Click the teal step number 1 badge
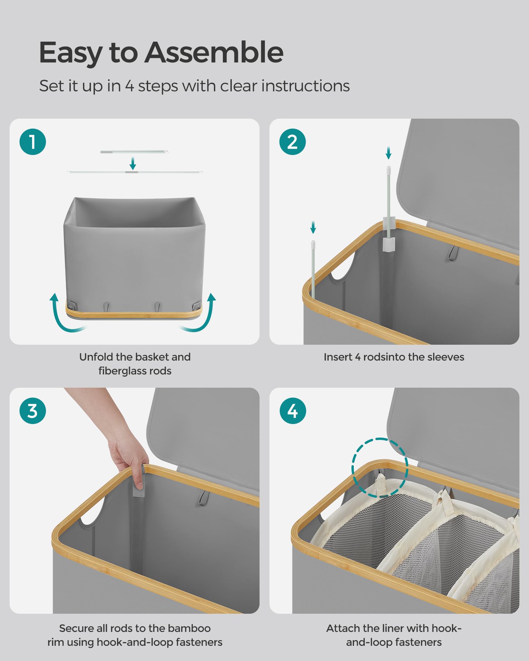tap(33, 142)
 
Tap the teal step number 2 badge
tap(293, 142)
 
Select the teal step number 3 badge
tap(33, 411)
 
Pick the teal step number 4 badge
tap(293, 411)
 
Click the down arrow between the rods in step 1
tap(133, 163)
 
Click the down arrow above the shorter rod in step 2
tap(313, 227)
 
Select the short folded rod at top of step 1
tap(134, 152)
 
